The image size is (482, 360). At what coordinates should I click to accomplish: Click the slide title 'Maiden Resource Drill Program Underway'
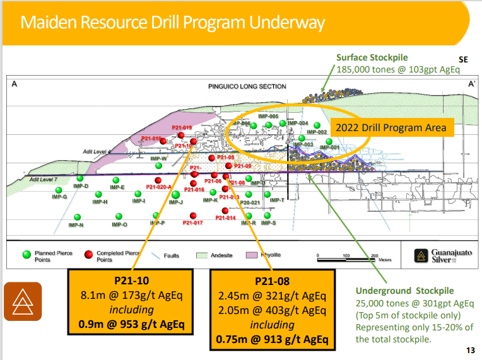[x=173, y=23]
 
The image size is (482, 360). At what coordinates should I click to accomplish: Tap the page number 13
[x=470, y=351]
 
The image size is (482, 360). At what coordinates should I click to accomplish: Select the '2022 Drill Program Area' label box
[x=391, y=127]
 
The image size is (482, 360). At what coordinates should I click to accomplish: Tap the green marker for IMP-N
[x=76, y=216]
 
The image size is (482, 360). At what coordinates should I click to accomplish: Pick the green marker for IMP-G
[x=61, y=189]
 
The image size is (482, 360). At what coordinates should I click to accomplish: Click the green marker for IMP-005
[x=253, y=126]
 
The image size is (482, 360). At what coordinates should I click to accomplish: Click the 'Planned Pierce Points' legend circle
[x=26, y=255]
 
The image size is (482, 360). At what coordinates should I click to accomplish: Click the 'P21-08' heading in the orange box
[x=272, y=281]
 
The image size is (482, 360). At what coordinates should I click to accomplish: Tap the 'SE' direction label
[x=463, y=59]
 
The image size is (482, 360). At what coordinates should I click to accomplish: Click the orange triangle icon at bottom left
[x=22, y=301]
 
